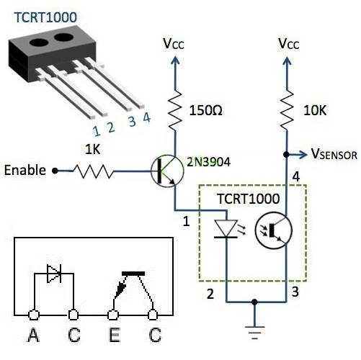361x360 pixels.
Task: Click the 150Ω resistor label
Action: (x=205, y=110)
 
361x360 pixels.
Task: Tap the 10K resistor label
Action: (x=315, y=110)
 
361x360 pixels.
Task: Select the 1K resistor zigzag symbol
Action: (x=93, y=171)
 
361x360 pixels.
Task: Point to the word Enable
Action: (x=25, y=170)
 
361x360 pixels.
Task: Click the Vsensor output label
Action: (x=334, y=154)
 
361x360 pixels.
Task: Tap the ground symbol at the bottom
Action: (x=255, y=333)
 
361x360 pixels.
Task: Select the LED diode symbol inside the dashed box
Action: (x=226, y=229)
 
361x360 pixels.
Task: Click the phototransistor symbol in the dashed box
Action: (x=274, y=230)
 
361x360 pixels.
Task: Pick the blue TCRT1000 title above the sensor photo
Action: (x=45, y=17)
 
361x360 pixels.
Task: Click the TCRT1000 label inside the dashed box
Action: (x=249, y=199)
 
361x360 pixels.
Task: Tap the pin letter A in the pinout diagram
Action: (x=33, y=335)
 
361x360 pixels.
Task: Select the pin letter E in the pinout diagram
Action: (x=115, y=335)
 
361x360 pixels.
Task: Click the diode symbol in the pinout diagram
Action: (x=54, y=274)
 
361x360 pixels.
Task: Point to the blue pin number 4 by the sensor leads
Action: (x=147, y=117)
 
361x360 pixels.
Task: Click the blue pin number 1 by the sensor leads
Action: (x=97, y=131)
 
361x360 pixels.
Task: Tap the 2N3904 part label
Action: (x=209, y=162)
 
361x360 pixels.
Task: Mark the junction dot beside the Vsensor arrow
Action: (x=286, y=155)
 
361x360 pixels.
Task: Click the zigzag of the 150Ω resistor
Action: (x=175, y=110)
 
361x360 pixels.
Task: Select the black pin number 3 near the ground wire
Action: (x=295, y=292)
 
